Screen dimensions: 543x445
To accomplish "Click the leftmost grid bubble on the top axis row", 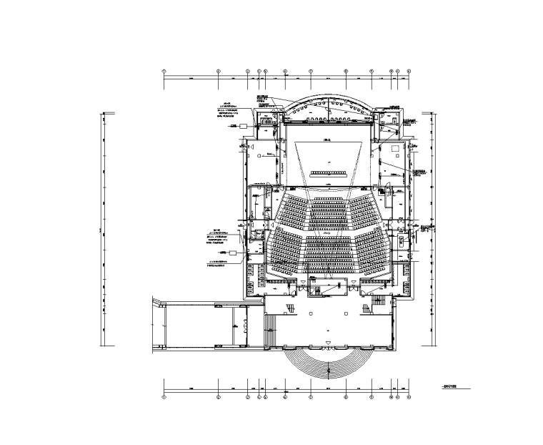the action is pyautogui.click(x=164, y=72).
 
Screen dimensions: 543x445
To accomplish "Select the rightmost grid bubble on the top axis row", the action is pyautogui.click(x=409, y=72).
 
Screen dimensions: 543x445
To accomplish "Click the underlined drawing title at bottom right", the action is pyautogui.click(x=450, y=386).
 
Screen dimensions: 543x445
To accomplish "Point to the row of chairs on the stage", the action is pyautogui.click(x=328, y=172).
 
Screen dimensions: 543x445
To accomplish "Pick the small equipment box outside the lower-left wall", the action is pyautogui.click(x=234, y=253).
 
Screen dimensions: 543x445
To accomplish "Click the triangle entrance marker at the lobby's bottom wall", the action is pyautogui.click(x=328, y=344).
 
